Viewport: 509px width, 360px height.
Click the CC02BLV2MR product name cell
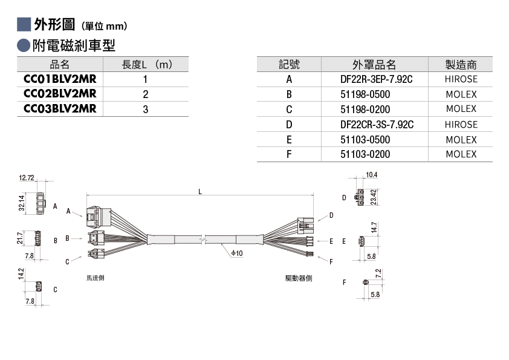(60, 94)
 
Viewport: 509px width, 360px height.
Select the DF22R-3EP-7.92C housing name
(376, 79)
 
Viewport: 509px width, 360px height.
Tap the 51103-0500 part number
(365, 140)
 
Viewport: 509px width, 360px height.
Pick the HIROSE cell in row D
(461, 125)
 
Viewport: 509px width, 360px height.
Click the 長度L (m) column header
(147, 64)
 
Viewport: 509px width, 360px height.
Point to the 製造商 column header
(461, 64)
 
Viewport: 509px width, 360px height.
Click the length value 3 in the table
(146, 109)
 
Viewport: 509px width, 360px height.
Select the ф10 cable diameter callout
(237, 253)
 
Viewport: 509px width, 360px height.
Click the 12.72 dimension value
(26, 178)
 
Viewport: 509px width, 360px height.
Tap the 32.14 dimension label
(21, 203)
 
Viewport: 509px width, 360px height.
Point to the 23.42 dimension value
(374, 197)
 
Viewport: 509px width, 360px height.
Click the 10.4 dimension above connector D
(372, 175)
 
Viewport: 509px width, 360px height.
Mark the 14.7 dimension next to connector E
(374, 227)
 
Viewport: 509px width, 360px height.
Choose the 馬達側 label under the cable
(95, 278)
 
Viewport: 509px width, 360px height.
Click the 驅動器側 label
(299, 278)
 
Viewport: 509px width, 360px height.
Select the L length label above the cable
(200, 192)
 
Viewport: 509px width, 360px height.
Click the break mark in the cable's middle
(204, 240)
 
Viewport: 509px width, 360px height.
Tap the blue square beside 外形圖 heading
(24, 24)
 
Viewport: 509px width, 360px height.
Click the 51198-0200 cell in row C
(365, 110)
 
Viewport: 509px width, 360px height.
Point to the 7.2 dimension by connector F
(378, 273)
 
